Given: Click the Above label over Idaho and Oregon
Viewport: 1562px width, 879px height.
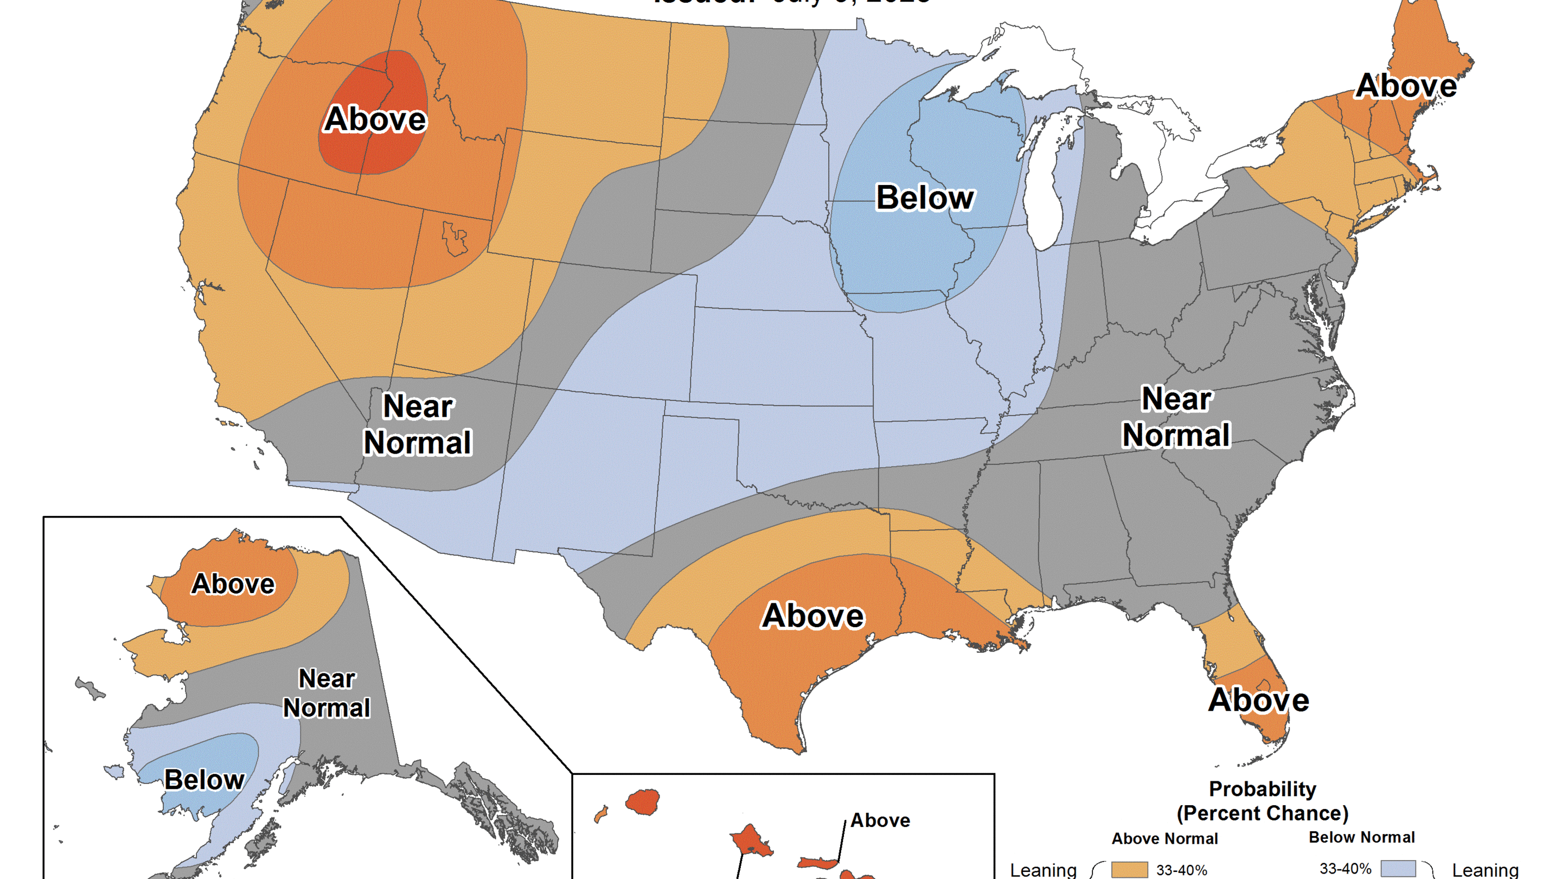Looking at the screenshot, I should coord(375,119).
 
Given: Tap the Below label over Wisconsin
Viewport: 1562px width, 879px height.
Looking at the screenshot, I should coord(925,198).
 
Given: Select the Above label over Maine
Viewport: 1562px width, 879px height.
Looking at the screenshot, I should coord(1406,86).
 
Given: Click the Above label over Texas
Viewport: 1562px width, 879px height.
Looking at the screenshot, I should coord(812,616).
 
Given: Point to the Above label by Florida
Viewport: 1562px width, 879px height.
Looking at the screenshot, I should coord(1259,700).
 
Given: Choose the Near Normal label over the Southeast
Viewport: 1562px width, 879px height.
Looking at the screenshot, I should coord(1176,417).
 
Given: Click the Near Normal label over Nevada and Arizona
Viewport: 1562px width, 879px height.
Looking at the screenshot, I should coord(418,425).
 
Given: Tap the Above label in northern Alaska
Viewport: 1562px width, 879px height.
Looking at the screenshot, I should coord(233,584).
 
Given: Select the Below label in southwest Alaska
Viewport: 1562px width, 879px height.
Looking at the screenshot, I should coord(204,780).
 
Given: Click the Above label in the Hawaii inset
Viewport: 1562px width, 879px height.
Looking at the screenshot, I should coord(880,820).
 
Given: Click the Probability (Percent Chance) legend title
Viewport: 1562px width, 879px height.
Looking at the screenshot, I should coord(1263,801).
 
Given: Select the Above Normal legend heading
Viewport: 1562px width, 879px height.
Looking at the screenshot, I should coord(1164,839).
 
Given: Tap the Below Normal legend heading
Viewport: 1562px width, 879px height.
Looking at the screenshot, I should coord(1361,837).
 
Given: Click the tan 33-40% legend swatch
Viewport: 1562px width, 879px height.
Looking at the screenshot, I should coord(1129,870).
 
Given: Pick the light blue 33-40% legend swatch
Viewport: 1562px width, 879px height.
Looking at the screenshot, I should coord(1398,869).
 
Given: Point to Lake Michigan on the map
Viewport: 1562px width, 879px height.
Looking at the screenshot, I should coord(1046,194).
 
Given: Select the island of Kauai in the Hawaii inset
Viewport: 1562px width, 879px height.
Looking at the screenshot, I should coord(643,802).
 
